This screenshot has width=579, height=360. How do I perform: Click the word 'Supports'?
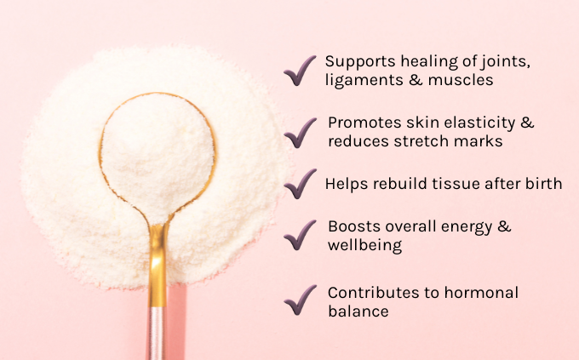pyautogui.click(x=360, y=62)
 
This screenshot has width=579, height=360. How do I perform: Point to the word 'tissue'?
pyautogui.click(x=456, y=184)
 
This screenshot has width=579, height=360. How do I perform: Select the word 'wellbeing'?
pyautogui.click(x=364, y=246)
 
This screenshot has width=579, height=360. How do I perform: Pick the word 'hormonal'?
pyautogui.click(x=481, y=293)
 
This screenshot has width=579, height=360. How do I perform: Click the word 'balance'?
pyautogui.click(x=358, y=311)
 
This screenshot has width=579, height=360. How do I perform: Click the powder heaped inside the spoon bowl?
pyautogui.click(x=158, y=155)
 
